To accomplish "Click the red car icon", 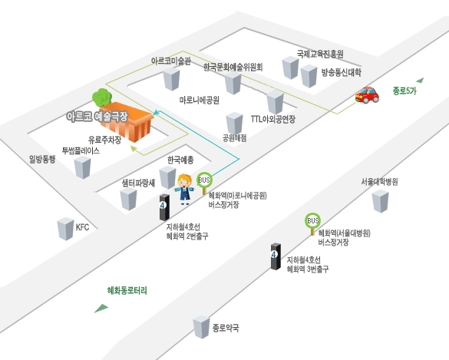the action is (x=367, y=94).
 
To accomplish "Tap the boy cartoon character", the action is (x=184, y=190).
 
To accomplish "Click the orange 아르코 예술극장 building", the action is (x=127, y=121).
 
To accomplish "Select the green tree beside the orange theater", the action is (x=101, y=97).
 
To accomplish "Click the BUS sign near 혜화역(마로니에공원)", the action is (x=204, y=180).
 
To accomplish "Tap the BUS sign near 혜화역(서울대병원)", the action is (x=312, y=221).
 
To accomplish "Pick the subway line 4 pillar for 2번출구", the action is (x=164, y=207).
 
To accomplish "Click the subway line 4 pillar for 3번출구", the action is (x=276, y=256).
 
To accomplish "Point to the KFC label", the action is (x=82, y=227).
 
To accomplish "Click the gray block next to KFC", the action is (x=65, y=229).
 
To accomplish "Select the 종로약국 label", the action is (x=226, y=328).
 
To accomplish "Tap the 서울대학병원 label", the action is (x=379, y=182).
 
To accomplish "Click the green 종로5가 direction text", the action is (x=404, y=91).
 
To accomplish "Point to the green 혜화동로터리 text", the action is (x=127, y=290).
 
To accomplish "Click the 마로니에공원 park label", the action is (x=200, y=100).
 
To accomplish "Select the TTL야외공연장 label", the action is (x=273, y=119).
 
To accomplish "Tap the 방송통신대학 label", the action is (x=341, y=72).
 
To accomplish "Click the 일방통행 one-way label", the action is (x=42, y=159).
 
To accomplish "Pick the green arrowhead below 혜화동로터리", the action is (x=101, y=308).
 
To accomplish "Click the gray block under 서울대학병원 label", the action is (x=380, y=201).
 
